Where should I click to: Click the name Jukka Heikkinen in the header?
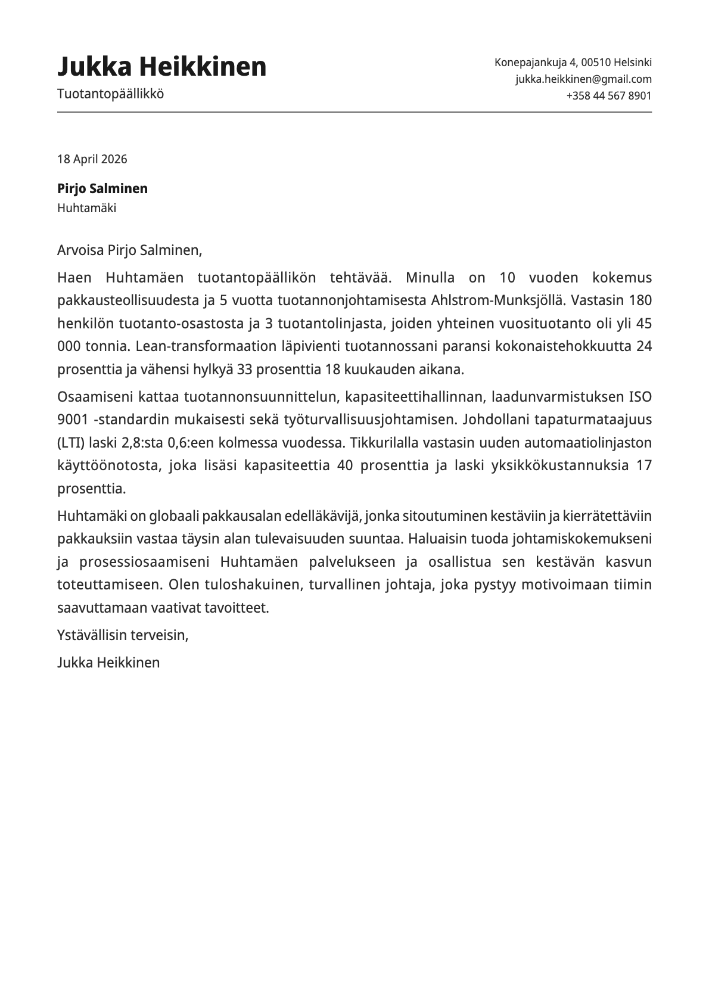click(x=161, y=67)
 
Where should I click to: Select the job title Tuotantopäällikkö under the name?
click(x=110, y=94)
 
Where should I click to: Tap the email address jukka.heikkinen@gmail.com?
click(x=583, y=79)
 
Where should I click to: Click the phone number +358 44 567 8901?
click(x=608, y=95)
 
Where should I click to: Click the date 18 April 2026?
click(x=92, y=159)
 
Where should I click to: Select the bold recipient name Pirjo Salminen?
click(x=102, y=188)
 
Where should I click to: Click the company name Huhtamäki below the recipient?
click(x=86, y=208)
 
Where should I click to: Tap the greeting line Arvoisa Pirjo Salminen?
click(x=129, y=250)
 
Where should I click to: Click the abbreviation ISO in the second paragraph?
click(x=640, y=397)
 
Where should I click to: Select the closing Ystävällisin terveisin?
click(x=123, y=635)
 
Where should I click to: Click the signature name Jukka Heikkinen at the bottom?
click(x=108, y=663)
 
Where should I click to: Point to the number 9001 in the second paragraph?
click(x=72, y=420)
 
